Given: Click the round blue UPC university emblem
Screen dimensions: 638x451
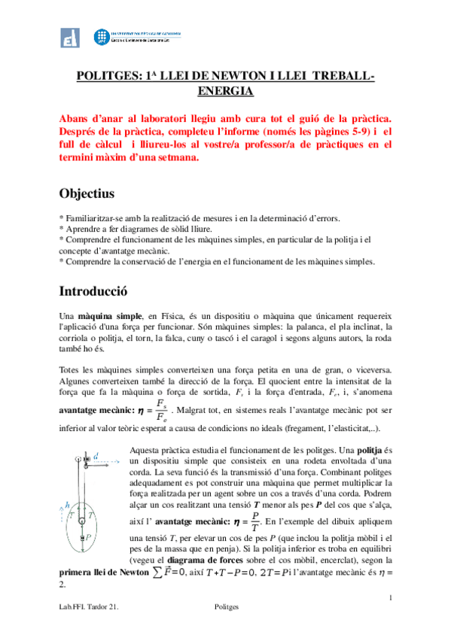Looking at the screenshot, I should coord(101,38).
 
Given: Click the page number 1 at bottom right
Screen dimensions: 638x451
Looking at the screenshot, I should coord(391,597).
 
